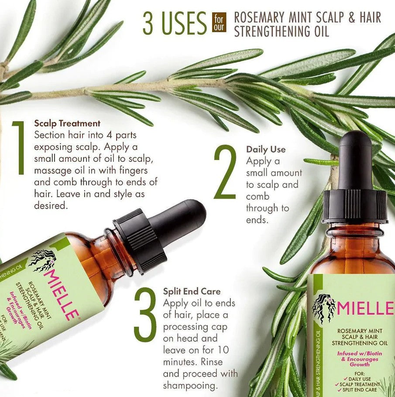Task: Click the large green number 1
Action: tap(18, 148)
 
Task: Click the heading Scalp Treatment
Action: tap(67, 123)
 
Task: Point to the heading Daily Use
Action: tap(266, 150)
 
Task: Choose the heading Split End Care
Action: tap(192, 291)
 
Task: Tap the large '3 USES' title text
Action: tap(175, 24)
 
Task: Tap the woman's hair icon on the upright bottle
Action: tap(324, 307)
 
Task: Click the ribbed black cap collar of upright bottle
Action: tap(355, 206)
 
